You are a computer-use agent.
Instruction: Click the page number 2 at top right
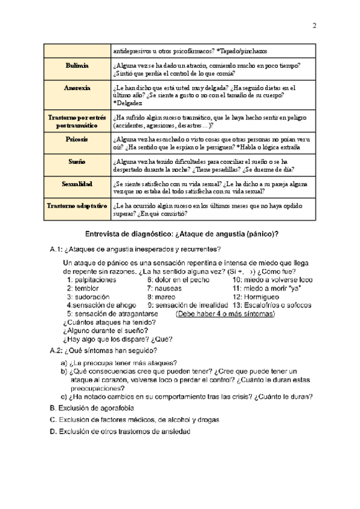click(314, 25)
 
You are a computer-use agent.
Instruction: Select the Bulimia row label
click(78, 64)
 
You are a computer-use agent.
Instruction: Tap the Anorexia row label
click(78, 88)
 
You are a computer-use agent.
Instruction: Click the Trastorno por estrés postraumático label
click(77, 121)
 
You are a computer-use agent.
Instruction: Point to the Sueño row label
click(78, 162)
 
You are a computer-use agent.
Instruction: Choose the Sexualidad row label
click(78, 184)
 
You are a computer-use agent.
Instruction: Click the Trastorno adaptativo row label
click(77, 205)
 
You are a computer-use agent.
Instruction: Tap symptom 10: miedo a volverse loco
click(272, 280)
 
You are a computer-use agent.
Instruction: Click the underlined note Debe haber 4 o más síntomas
click(225, 313)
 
